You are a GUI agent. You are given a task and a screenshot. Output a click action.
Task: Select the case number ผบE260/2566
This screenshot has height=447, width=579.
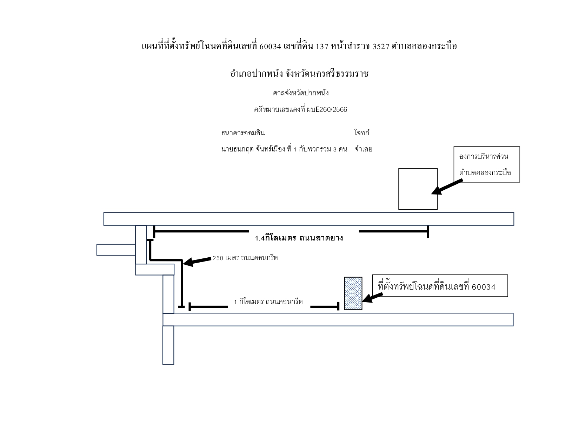point(327,109)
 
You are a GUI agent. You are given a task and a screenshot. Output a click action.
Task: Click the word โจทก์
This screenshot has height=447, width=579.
point(362,132)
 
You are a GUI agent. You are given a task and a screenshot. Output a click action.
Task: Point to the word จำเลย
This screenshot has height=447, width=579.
point(363,149)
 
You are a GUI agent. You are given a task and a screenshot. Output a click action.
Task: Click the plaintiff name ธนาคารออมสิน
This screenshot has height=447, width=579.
point(243,133)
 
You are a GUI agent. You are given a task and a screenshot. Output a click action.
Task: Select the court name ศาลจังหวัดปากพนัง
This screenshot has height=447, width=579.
point(301,93)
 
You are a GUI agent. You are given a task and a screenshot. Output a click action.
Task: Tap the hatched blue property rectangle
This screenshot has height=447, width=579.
point(353,293)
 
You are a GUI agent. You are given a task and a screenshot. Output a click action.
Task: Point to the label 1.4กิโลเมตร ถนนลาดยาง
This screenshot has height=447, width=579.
point(299,238)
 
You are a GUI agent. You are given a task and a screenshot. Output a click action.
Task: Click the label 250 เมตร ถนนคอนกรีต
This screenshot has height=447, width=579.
point(245,258)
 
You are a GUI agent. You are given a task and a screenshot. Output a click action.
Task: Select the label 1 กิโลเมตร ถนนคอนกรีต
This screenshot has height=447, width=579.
point(268,302)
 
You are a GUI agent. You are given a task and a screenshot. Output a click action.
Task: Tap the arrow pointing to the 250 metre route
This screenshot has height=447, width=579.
point(197,261)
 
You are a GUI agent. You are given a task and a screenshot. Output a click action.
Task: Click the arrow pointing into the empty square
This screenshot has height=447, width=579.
point(447,187)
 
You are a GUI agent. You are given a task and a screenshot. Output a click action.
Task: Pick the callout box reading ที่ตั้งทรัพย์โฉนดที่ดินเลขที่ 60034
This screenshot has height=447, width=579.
point(440,285)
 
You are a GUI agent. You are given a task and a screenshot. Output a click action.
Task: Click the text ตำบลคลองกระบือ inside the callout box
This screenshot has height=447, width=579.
point(485,172)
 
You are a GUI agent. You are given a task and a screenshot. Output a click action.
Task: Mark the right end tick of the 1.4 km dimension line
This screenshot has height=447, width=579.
point(428,232)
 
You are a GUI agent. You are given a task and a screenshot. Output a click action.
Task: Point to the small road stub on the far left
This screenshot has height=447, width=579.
point(116,250)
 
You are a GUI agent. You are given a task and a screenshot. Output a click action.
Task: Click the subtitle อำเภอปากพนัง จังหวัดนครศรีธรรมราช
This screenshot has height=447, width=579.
point(299,74)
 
